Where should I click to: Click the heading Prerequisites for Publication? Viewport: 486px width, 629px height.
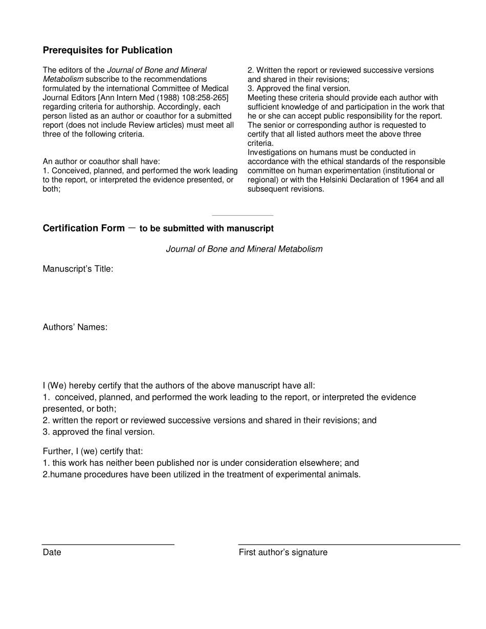(107, 50)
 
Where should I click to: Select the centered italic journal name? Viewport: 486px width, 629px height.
(244, 249)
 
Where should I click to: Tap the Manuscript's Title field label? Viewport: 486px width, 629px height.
(78, 269)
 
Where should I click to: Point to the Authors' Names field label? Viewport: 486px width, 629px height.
(75, 327)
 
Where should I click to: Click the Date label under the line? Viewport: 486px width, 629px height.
(52, 552)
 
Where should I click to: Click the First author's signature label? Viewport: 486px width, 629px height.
(283, 552)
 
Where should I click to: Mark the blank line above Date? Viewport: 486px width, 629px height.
(108, 544)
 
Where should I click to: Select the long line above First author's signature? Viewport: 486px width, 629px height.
(349, 544)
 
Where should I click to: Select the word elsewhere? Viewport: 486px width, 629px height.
(320, 463)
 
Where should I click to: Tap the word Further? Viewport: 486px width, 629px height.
(57, 452)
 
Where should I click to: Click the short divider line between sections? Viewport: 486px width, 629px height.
(242, 215)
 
